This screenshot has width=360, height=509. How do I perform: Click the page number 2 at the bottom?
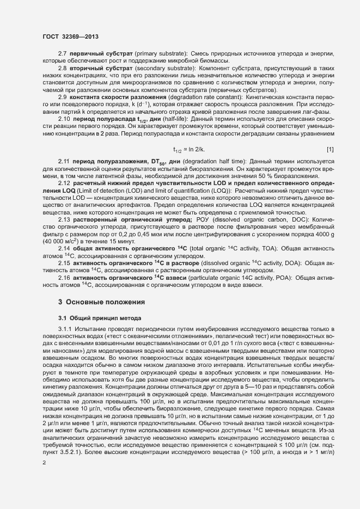44,464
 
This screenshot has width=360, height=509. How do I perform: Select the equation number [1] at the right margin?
330,149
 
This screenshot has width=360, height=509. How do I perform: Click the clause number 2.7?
63,54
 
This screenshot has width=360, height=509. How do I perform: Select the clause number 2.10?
64,118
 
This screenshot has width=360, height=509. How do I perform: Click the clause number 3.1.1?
66,330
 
